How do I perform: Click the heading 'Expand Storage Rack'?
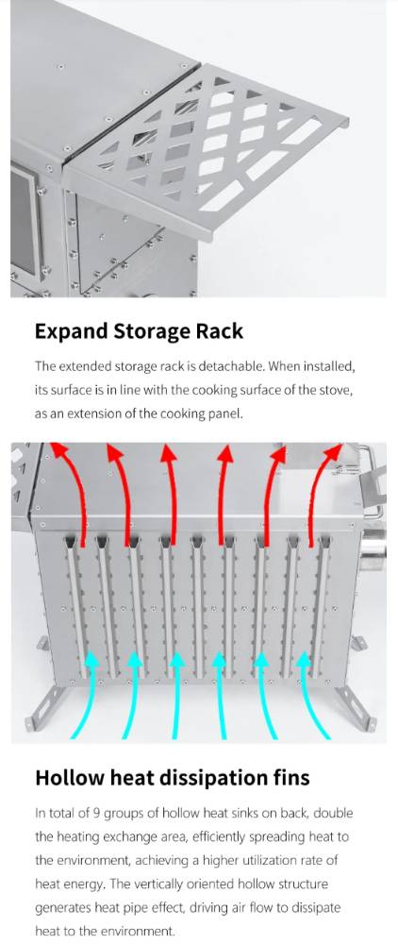click(x=139, y=331)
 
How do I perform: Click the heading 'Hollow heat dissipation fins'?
click(x=173, y=778)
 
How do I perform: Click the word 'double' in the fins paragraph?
click(x=334, y=814)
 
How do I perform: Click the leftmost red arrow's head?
click(x=58, y=450)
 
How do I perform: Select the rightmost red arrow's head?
click(x=333, y=451)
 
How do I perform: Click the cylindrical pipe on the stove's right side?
click(x=374, y=550)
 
